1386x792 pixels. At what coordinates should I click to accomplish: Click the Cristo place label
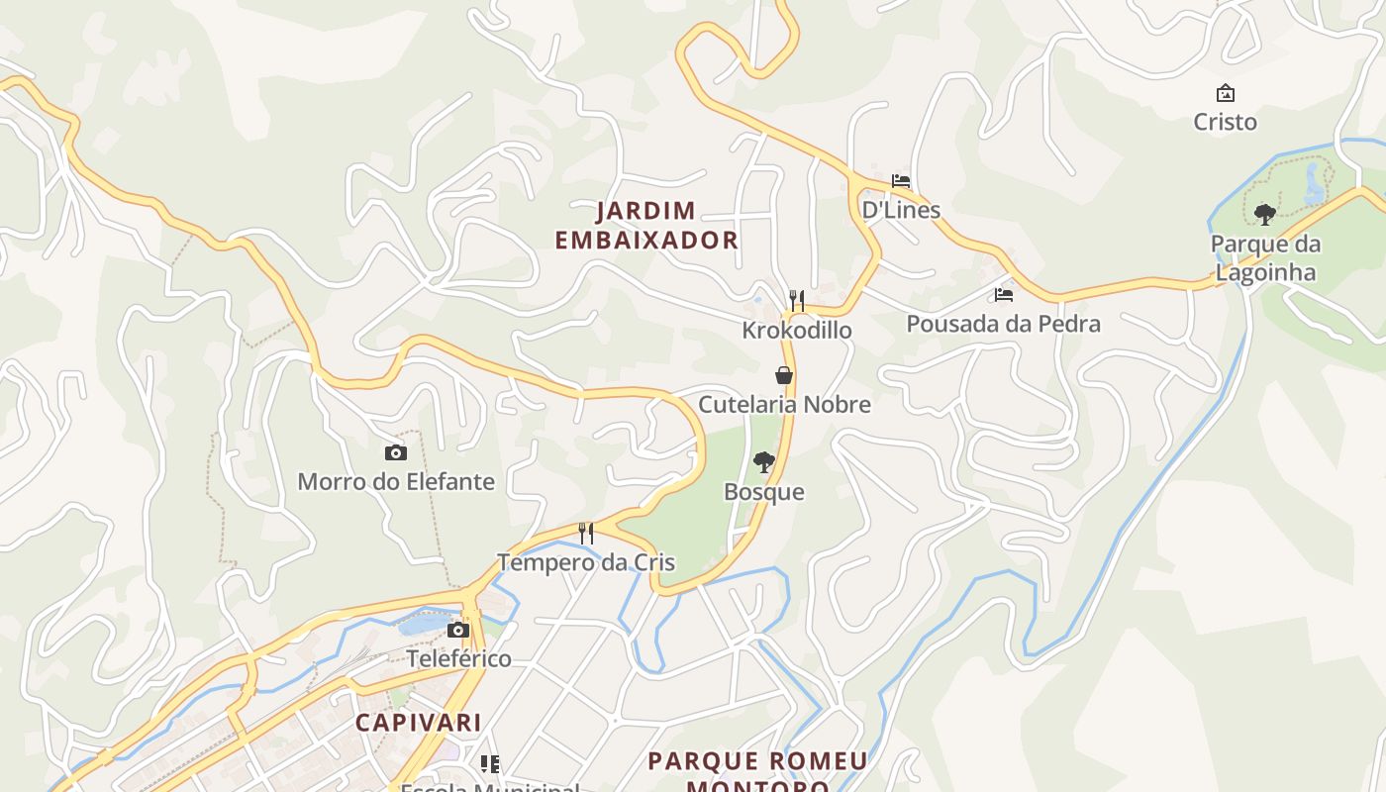(1225, 122)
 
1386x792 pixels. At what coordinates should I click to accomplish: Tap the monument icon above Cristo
(1226, 93)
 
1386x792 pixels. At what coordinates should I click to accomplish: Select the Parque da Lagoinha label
(1265, 258)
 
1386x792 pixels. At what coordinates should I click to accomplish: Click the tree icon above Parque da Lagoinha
(1264, 214)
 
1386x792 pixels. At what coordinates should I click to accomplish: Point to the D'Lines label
(901, 210)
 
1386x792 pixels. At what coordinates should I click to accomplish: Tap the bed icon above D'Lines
(901, 181)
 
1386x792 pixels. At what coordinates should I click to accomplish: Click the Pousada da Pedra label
(1003, 324)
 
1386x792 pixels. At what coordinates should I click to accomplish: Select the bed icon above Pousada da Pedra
(1004, 295)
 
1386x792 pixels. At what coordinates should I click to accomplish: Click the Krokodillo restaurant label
(797, 330)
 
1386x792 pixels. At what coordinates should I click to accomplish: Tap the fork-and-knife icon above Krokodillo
(797, 300)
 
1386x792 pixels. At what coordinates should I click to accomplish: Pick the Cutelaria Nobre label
(784, 404)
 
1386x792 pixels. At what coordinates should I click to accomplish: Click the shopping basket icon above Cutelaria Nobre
(784, 375)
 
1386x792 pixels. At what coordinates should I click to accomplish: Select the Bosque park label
(763, 492)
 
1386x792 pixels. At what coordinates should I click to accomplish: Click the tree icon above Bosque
(763, 461)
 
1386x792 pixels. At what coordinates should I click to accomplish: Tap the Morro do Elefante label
(396, 482)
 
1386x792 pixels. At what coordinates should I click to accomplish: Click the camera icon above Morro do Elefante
(396, 452)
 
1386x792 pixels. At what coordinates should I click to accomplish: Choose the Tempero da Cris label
(586, 562)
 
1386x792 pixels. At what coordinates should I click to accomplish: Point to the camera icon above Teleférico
(457, 630)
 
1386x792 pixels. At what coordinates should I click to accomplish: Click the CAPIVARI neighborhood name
(419, 723)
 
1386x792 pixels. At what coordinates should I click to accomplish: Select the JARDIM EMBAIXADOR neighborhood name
(646, 226)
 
